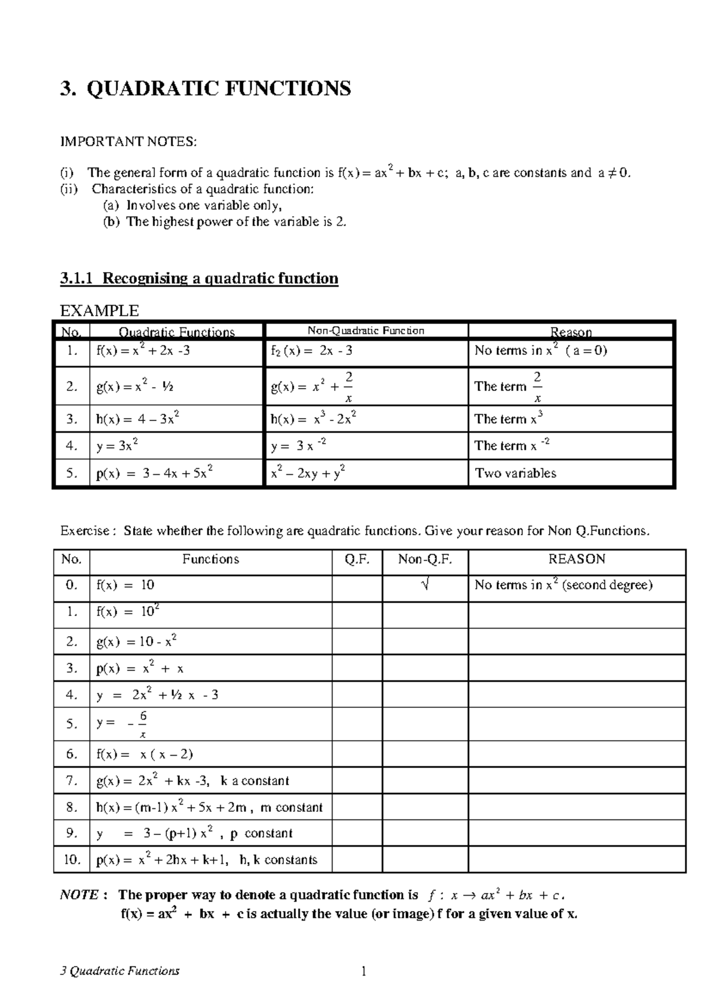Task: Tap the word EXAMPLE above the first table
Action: pos(99,310)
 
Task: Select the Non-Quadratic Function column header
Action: pos(365,331)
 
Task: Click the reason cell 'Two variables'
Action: pos(515,473)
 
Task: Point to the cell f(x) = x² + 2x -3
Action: pos(143,351)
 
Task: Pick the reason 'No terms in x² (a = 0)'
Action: pos(540,351)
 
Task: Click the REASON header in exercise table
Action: pos(576,559)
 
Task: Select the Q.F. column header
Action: pos(357,559)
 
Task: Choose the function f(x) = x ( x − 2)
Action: pos(144,754)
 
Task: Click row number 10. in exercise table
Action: pos(72,860)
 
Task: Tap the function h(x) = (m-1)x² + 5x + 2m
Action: pos(209,807)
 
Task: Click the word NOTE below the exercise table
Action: pos(79,895)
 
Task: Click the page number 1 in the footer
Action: pos(364,971)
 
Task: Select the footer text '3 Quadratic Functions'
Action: pos(120,971)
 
